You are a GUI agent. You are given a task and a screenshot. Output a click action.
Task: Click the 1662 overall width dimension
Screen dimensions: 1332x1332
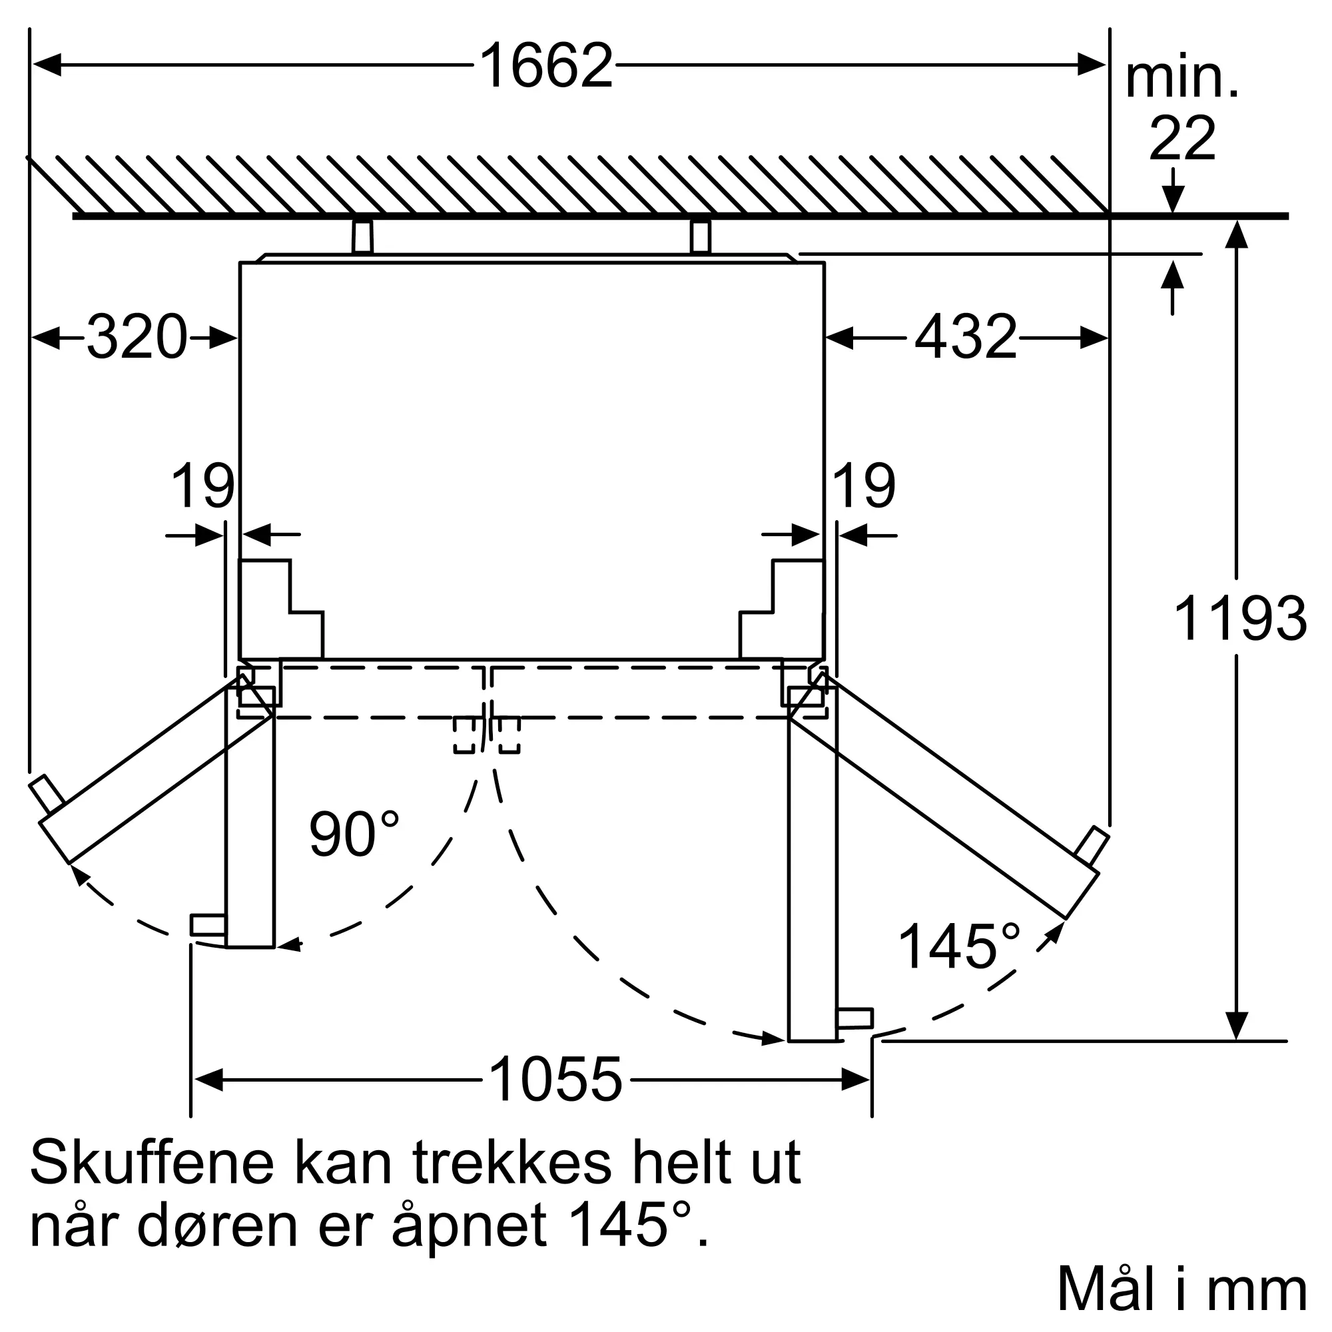[x=545, y=65]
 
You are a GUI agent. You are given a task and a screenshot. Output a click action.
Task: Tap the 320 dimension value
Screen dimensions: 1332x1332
[x=137, y=337]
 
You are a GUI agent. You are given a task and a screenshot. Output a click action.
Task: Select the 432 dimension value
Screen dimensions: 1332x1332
[x=965, y=337]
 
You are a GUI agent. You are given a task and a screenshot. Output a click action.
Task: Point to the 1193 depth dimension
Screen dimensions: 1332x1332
[x=1239, y=619]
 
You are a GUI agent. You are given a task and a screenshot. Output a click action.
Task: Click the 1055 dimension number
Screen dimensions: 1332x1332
[x=555, y=1079]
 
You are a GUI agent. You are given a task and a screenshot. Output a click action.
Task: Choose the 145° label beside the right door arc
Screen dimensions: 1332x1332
[x=958, y=946]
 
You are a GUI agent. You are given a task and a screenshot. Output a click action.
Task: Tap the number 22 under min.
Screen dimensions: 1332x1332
[x=1181, y=138]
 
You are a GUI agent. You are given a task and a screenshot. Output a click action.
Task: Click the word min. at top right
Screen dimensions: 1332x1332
[x=1181, y=79]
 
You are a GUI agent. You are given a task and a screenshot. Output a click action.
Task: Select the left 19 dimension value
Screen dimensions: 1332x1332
[x=202, y=486]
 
